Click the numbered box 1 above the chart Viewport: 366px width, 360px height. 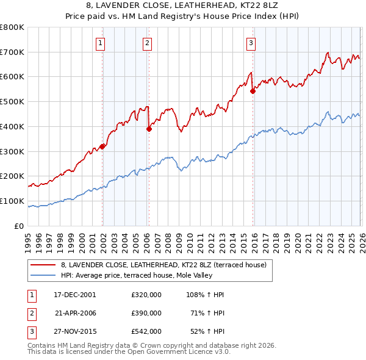pos(99,43)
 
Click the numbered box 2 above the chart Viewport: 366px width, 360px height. pos(148,43)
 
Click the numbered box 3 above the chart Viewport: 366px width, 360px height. pos(251,43)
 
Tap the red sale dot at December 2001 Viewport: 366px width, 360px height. pos(102,146)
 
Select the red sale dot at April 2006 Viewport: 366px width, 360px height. pos(149,129)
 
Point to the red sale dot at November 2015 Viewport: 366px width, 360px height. pos(253,91)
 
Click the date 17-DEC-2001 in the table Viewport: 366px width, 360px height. pos(75,294)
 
